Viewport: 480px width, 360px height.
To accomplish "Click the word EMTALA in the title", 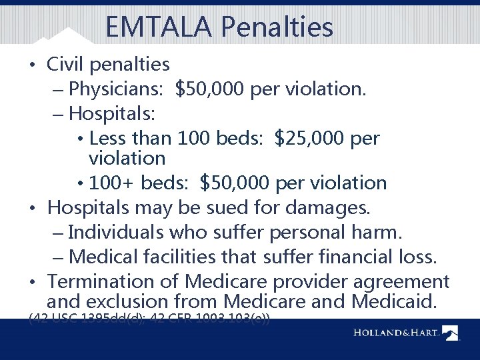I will tap(157, 27).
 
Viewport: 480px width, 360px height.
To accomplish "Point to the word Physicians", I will tap(117, 89).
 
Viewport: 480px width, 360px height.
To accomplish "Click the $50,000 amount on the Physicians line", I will tap(210, 89).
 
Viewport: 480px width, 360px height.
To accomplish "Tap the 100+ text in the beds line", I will tap(109, 183).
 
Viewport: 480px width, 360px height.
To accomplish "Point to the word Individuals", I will tap(115, 232).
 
